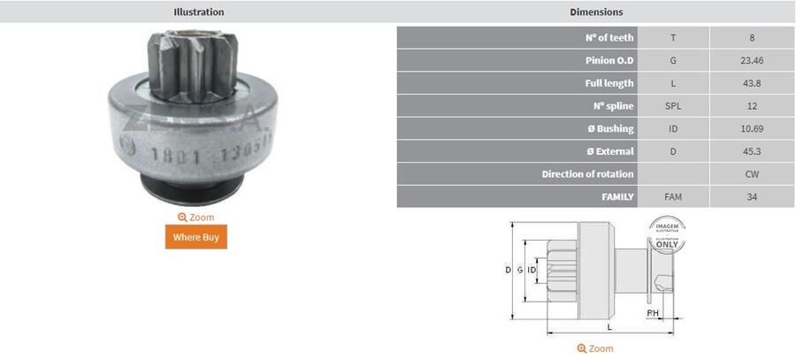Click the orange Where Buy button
point(195,237)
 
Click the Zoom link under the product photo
point(195,217)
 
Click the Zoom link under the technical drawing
point(594,349)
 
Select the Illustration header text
point(198,12)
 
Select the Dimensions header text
point(596,12)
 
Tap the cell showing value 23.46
point(752,61)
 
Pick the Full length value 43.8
point(752,84)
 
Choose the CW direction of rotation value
point(752,174)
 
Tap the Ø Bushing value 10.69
point(752,129)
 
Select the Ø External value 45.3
point(752,151)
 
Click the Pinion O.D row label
point(609,61)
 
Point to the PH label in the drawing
point(653,313)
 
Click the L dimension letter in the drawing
point(609,327)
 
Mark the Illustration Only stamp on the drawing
point(668,234)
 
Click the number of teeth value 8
point(752,38)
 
